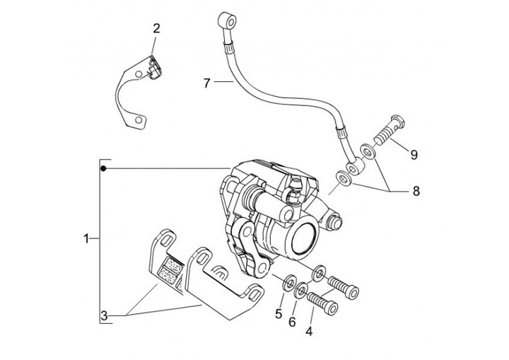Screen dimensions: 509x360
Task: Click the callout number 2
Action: (156, 28)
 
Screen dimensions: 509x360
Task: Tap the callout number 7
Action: (207, 83)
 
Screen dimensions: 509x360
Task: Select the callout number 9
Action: (414, 155)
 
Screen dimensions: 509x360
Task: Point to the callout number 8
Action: (416, 191)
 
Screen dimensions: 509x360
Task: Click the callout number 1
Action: (86, 239)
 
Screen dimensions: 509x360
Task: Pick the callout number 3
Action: (104, 315)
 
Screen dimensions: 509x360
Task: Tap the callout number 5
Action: (279, 314)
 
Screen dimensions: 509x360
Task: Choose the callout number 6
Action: (292, 322)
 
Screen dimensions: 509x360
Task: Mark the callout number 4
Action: (309, 332)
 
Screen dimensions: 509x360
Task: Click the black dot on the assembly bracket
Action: (103, 168)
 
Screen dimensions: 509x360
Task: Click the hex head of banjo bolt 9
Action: (397, 122)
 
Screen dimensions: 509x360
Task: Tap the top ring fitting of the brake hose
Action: (228, 22)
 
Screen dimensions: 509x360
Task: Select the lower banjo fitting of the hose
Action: (354, 167)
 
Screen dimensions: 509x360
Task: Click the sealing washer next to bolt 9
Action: (368, 151)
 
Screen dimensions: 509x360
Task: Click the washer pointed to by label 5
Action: (288, 283)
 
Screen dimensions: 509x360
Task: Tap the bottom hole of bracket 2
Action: (139, 120)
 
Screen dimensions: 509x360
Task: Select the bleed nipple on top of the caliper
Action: (294, 190)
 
